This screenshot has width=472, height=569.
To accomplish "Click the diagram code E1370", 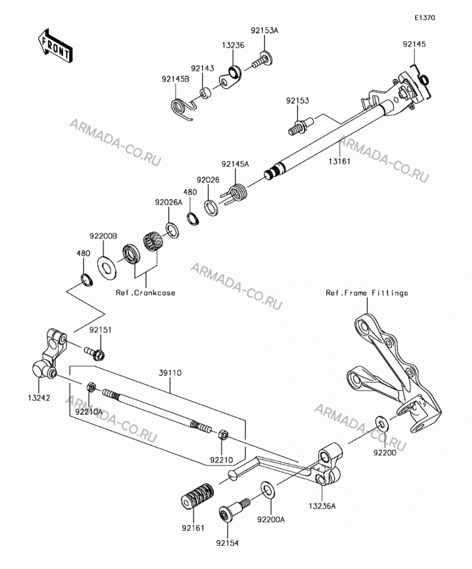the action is pos(425,18).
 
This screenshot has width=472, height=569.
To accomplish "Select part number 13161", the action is pos(339,161).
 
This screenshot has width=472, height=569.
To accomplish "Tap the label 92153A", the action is pos(264,31).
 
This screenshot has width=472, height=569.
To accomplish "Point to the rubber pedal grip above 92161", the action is pos(197,496).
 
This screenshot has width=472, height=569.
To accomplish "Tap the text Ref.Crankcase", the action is pos(146,292).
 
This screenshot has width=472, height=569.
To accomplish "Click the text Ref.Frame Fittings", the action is pos(367,292).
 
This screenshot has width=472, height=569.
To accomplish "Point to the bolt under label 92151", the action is pos(94,353).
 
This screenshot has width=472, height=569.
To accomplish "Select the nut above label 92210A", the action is pos(92,387).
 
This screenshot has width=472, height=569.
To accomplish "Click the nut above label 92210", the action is pos(222,434).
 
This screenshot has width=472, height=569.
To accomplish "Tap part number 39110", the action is pos(170,373).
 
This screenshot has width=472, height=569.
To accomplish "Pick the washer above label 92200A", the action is pos(267,490).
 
